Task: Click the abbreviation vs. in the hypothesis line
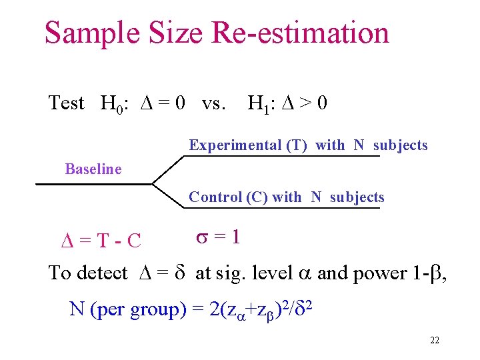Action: click(213, 104)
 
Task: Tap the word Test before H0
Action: click(67, 103)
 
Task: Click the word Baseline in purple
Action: click(93, 169)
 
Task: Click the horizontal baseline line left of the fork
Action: click(93, 183)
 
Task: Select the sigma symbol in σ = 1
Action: click(203, 237)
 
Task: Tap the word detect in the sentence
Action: click(103, 273)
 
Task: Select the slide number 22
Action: click(435, 341)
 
